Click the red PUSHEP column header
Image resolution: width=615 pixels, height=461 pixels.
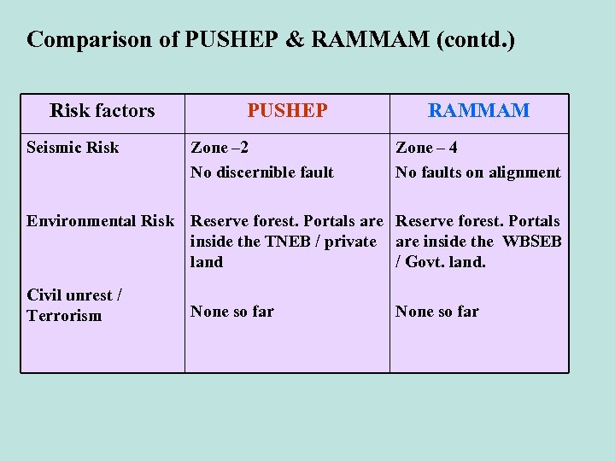[x=287, y=110]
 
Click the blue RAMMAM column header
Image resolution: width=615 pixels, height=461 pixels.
[x=478, y=110]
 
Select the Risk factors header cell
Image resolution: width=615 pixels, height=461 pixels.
[x=102, y=110]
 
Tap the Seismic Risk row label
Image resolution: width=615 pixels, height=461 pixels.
[x=73, y=148]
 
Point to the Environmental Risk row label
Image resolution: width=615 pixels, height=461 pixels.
[x=100, y=221]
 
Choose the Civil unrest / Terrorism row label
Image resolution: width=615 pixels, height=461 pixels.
[x=74, y=305]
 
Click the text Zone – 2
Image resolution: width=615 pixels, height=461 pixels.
[x=220, y=148]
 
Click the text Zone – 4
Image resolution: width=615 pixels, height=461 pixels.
[x=426, y=148]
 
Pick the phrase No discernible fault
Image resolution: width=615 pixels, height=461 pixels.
[x=261, y=172]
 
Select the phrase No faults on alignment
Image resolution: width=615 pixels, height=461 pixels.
[x=477, y=172]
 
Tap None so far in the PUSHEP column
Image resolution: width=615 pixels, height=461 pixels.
[x=232, y=312]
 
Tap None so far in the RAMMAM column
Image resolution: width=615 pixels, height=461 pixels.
[x=437, y=312]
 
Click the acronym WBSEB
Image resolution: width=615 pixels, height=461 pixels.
[x=532, y=242]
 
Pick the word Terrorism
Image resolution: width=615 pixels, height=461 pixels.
[x=64, y=316]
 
